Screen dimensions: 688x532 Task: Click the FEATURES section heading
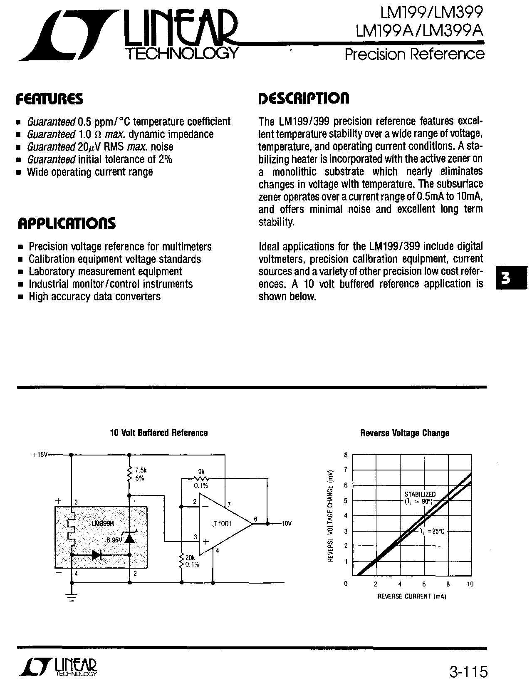tap(49, 99)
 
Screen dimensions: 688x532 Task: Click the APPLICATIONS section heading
tap(67, 223)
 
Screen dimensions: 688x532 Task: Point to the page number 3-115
tap(468, 672)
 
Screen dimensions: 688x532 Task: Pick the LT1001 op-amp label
tap(221, 524)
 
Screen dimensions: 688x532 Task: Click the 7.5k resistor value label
tap(141, 470)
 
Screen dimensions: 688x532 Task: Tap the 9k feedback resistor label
tap(201, 472)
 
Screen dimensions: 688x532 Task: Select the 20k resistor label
tap(190, 558)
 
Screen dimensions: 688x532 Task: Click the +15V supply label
tap(40, 455)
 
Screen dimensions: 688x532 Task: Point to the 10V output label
tap(287, 523)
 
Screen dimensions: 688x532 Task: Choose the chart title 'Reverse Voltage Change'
tap(404, 433)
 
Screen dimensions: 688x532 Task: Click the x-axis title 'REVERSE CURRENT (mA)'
tap(411, 596)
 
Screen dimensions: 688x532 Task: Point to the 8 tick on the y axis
tap(346, 455)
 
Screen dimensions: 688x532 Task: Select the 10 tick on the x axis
tap(470, 584)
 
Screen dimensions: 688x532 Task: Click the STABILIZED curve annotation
tap(420, 494)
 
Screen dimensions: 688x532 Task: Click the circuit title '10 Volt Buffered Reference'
tap(158, 433)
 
